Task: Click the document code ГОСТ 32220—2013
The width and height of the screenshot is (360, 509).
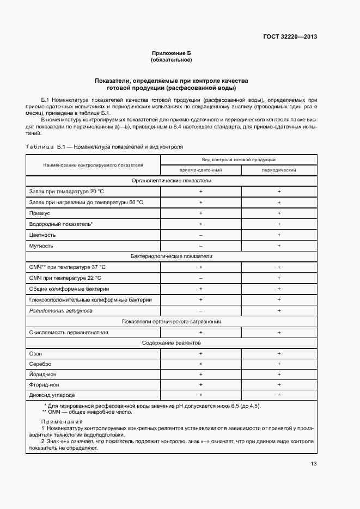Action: pos(290,37)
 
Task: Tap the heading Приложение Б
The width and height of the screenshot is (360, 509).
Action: pos(172,53)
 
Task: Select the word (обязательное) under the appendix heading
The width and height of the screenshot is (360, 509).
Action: pos(172,60)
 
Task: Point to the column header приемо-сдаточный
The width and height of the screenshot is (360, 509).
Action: pos(200,170)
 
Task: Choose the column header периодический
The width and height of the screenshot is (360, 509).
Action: pos(279,170)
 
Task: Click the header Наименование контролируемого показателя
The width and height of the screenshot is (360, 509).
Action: pos(93,164)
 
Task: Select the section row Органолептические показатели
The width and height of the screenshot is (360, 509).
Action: pos(172,180)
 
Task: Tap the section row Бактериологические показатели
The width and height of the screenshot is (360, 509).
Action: pos(172,256)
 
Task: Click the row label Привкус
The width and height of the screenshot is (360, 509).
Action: pos(39,213)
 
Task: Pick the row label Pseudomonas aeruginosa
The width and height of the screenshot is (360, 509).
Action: pos(61,310)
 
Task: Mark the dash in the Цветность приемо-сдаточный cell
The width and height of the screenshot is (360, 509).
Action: pos(200,235)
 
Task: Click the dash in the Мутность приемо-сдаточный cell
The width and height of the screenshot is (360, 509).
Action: pos(200,246)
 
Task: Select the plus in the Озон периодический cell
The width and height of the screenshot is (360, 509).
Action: pos(279,353)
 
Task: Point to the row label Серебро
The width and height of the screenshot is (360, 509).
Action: pos(40,364)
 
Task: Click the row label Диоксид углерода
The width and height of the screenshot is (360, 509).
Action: pos(52,395)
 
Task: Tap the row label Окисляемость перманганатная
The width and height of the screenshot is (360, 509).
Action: pos(69,332)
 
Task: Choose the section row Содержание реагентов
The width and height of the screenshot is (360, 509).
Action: pos(172,343)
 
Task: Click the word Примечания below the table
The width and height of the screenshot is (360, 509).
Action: pos(62,421)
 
